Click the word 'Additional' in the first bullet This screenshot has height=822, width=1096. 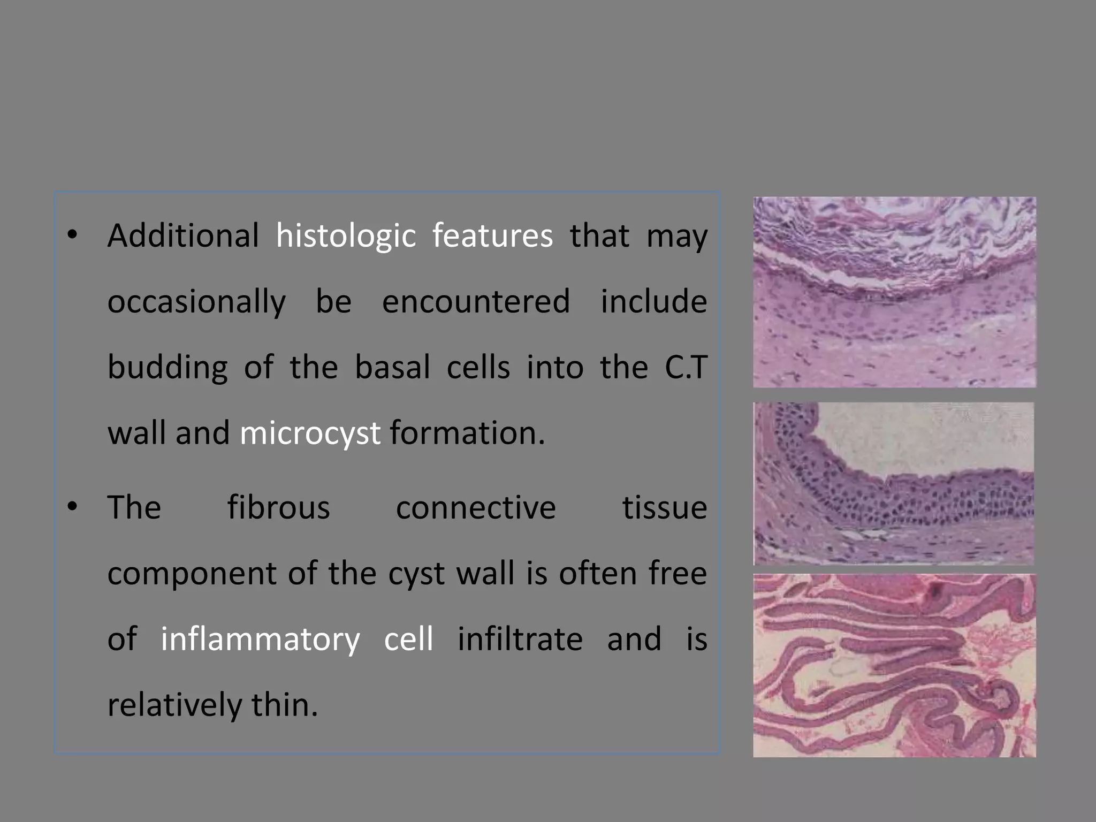coord(183,235)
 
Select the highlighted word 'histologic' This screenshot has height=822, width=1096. coord(346,237)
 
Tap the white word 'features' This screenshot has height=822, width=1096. coord(492,235)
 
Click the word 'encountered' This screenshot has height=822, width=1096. coord(476,301)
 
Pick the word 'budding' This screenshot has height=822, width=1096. coord(168,368)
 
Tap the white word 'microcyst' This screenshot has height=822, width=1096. coord(310,433)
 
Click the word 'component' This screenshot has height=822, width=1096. coord(192,574)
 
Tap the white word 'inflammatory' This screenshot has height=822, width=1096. coord(261,640)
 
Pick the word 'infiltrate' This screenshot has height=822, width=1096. coord(520,639)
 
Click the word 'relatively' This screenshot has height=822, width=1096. coord(174,705)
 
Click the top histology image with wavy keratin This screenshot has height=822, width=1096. coord(894,292)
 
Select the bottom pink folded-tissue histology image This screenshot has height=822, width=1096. coord(894,665)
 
